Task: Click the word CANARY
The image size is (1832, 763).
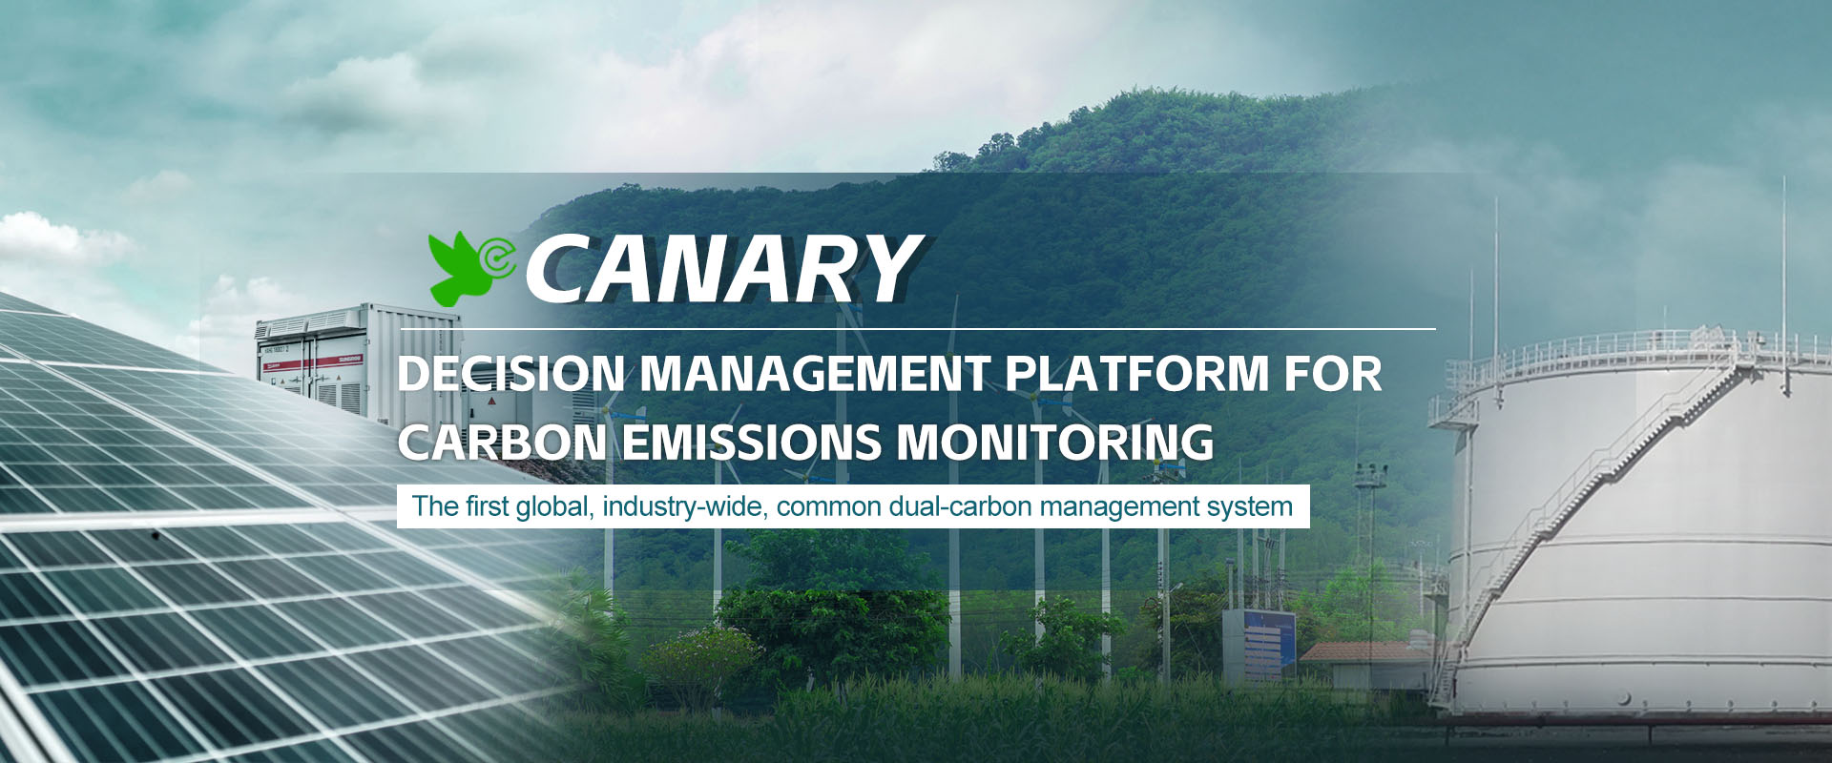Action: pyautogui.click(x=723, y=269)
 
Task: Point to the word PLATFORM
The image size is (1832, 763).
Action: pyautogui.click(x=1136, y=373)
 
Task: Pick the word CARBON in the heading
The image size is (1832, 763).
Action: pyautogui.click(x=502, y=443)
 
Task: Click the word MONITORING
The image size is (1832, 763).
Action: pyautogui.click(x=1054, y=443)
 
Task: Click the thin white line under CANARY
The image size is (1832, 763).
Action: pyautogui.click(x=916, y=329)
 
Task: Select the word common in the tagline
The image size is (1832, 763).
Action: pyautogui.click(x=829, y=506)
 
